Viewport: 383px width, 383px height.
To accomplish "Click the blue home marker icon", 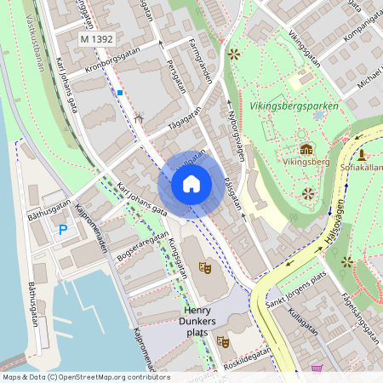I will tap(191, 183).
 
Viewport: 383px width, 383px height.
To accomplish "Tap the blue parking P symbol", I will tap(62, 229).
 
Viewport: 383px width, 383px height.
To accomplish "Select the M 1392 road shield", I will tap(96, 39).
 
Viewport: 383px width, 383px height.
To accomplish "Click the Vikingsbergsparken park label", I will tap(295, 106).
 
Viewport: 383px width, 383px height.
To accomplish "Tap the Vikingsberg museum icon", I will tap(306, 149).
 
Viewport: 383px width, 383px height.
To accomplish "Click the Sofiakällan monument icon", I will tap(362, 155).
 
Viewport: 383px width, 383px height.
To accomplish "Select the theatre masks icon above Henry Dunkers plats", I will tap(204, 267).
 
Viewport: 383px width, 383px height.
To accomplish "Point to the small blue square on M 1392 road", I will tap(120, 92).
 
